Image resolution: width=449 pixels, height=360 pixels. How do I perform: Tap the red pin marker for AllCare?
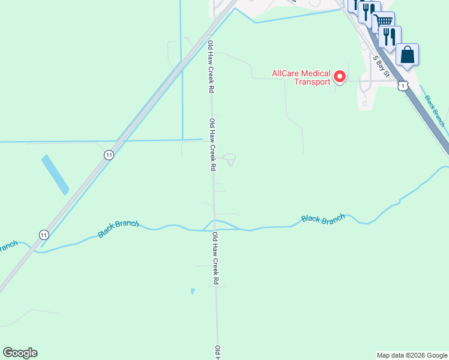point(339,77)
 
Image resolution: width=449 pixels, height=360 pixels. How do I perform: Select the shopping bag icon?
point(407,55)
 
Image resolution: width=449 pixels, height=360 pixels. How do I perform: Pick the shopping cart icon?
point(384,22)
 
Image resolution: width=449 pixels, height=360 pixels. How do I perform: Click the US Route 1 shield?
point(403,86)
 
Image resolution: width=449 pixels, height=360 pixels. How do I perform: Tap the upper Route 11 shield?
point(109,155)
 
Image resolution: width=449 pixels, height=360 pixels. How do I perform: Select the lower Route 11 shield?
point(44,234)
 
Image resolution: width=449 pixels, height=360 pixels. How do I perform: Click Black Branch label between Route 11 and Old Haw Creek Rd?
point(118,229)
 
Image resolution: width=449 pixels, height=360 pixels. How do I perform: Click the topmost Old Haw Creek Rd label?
point(211,66)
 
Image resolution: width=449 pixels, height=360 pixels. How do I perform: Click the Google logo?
point(20,352)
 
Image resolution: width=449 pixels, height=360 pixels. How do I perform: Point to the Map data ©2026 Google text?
point(412,355)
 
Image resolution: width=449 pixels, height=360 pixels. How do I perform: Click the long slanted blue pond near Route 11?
point(55,175)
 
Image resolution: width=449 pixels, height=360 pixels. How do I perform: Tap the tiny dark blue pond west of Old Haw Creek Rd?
point(192,291)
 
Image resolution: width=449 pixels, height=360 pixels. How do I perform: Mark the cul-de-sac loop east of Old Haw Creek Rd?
point(229,159)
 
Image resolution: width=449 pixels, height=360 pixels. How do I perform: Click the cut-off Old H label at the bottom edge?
point(218,352)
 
